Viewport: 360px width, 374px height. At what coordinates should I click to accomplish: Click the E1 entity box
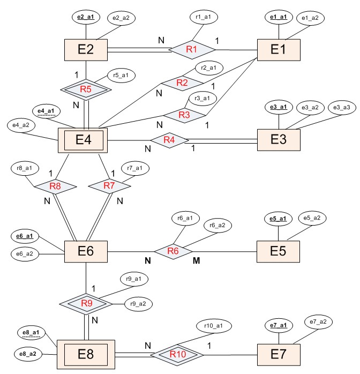tap(278, 49)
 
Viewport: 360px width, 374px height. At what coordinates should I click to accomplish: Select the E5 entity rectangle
tap(278, 251)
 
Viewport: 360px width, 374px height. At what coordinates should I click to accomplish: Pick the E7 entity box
tap(278, 354)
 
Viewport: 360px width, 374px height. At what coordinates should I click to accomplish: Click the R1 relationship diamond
tap(192, 49)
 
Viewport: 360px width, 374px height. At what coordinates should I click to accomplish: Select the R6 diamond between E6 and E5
tap(172, 251)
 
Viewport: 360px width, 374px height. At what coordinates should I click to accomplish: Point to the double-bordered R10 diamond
tap(177, 354)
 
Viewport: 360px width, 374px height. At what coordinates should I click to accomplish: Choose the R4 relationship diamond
tap(169, 140)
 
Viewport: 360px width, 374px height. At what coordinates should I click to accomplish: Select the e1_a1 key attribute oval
tap(279, 18)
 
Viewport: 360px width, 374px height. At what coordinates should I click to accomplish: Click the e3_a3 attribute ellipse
tap(341, 108)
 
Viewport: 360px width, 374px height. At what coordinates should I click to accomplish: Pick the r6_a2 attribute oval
tap(217, 226)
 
